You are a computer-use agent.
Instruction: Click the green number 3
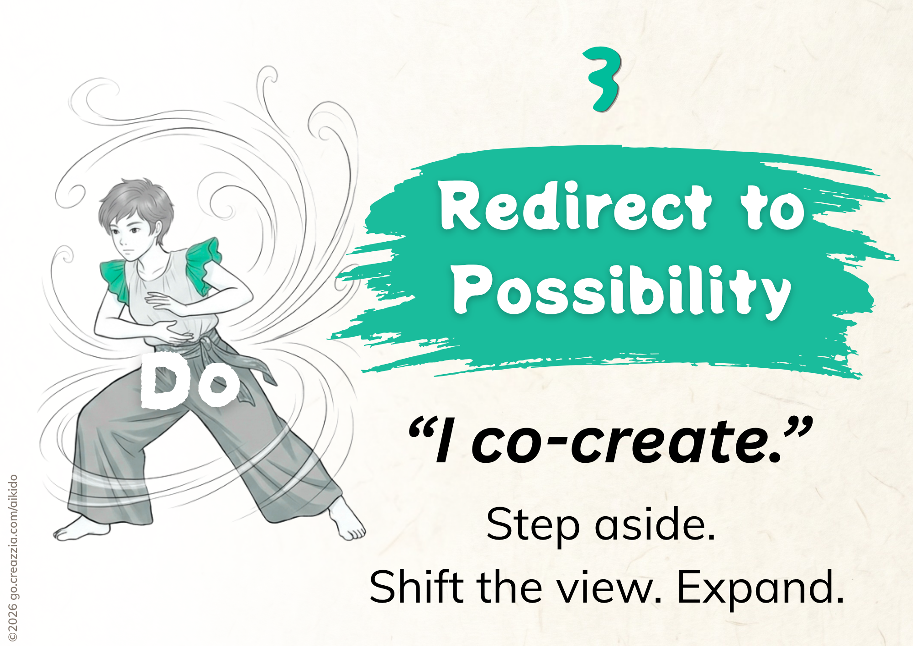click(603, 79)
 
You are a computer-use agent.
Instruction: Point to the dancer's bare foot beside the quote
click(347, 521)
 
